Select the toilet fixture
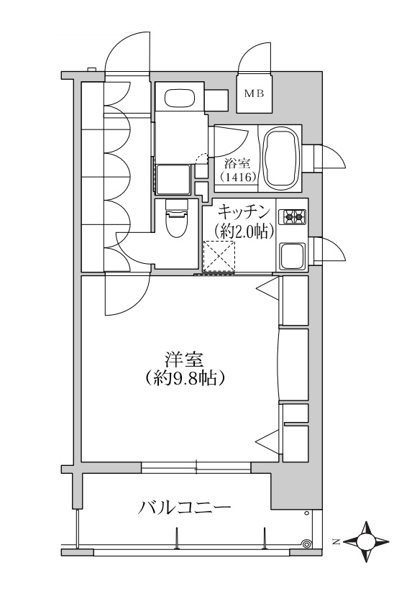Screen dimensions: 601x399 pyautogui.click(x=175, y=224)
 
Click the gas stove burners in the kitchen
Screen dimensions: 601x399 pyautogui.click(x=293, y=216)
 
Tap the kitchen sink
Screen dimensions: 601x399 pyautogui.click(x=292, y=255)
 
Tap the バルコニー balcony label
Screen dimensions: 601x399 pyautogui.click(x=184, y=508)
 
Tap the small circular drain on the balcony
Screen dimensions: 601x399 pyautogui.click(x=308, y=544)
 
